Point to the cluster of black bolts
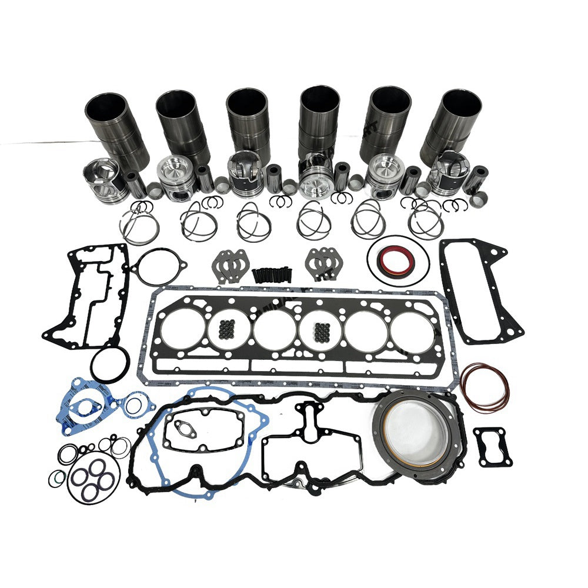tap(271, 275)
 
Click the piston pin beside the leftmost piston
tap(136, 183)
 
